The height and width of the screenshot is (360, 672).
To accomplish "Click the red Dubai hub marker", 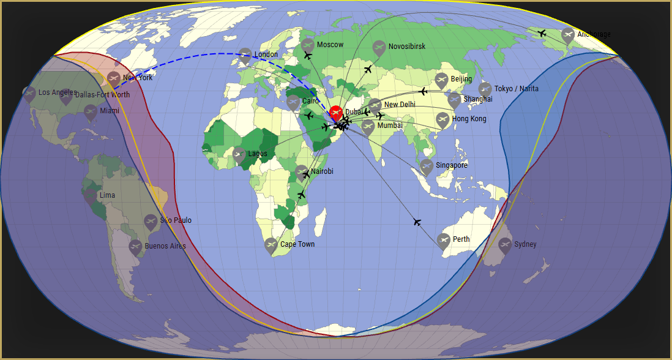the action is [336, 113].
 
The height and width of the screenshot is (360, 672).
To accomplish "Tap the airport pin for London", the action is [245, 55].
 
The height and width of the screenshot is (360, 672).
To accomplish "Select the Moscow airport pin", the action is [308, 45].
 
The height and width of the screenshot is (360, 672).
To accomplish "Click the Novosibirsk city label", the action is [406, 47].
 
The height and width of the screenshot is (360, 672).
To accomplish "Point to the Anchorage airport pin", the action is [568, 35].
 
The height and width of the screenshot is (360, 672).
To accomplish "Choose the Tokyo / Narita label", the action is [517, 89].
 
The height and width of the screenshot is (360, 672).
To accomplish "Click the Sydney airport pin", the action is [505, 245].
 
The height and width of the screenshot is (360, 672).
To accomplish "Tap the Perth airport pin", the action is [444, 241].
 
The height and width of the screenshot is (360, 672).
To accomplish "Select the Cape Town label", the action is [297, 244].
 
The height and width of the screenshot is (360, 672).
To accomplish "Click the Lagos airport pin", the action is [239, 154].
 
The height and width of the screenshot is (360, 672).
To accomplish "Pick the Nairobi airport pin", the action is [302, 172].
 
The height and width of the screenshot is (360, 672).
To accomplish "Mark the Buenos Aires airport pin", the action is [136, 247].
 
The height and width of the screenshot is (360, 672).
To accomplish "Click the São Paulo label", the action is [176, 220].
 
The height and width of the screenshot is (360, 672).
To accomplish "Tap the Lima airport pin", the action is [91, 196].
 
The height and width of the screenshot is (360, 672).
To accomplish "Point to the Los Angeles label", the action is [58, 92].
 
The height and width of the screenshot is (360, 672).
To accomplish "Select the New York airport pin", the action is [114, 78].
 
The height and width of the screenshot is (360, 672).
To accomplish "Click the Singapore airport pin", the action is [427, 166].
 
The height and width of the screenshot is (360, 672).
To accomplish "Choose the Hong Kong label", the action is [469, 119].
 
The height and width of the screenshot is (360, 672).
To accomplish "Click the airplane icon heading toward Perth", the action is [417, 222].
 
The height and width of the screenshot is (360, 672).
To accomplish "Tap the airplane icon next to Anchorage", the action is [542, 33].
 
